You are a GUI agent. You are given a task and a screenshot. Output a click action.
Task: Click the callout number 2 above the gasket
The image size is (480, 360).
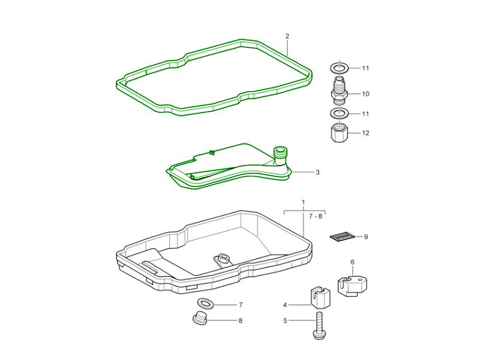point(287,36)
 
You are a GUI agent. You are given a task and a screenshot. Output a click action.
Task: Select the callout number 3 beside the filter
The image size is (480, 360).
point(317,172)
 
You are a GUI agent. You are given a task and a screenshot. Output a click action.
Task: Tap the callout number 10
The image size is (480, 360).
point(365,94)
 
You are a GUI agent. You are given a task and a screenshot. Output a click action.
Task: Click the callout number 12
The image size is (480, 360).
point(365,133)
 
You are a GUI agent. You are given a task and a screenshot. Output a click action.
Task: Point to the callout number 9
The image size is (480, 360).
point(366,237)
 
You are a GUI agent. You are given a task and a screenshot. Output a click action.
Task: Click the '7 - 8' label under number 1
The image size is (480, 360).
point(316,217)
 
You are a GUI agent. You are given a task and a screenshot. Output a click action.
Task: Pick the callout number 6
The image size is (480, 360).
point(352,262)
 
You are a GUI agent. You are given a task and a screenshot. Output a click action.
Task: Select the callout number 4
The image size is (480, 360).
point(285,305)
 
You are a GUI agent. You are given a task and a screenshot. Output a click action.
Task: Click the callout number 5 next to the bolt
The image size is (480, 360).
point(286,321)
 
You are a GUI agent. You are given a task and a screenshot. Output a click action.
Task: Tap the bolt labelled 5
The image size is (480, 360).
point(319,326)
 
